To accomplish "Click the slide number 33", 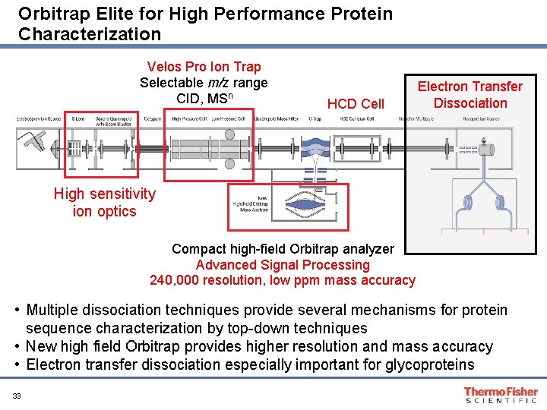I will coord(16,395).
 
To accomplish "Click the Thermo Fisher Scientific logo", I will coord(501,395).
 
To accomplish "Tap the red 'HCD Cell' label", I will coord(356,104).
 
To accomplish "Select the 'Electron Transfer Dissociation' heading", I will coord(470,95).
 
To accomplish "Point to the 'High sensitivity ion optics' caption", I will coord(104,203).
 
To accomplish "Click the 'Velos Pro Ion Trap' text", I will coord(204,67).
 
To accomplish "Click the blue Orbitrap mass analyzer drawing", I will coord(304,204).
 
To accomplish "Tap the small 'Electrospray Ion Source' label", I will coord(40,119).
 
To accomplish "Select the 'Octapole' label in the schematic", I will coord(151,119).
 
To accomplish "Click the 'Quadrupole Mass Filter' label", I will coord(276,119).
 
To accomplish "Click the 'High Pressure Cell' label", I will coord(187,119).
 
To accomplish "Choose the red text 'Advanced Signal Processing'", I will coord(283,265).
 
